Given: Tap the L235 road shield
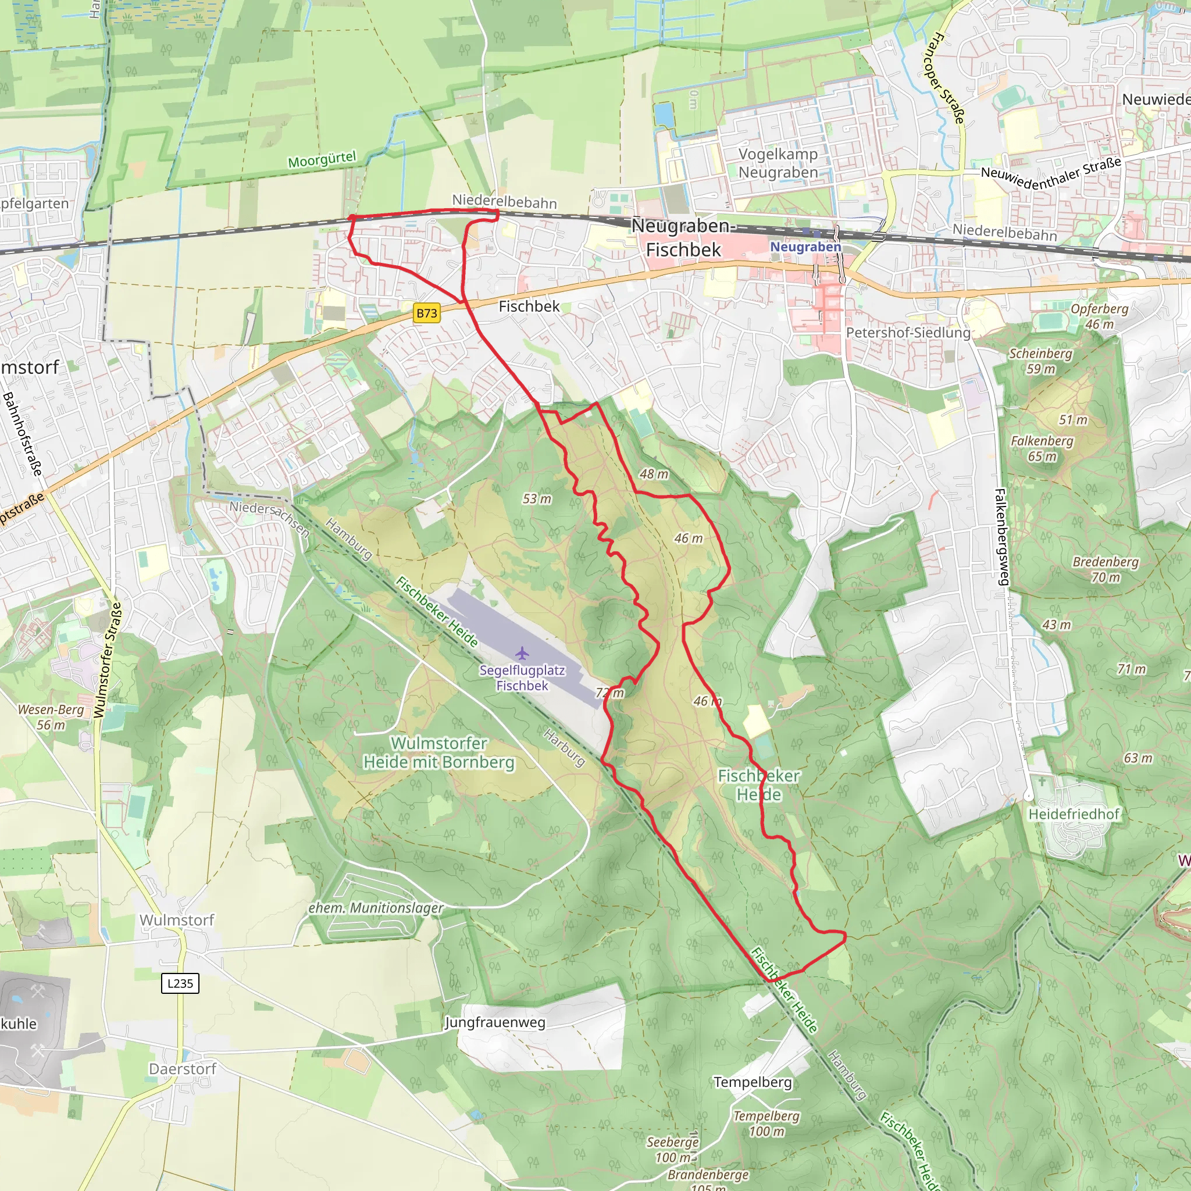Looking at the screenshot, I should tap(180, 983).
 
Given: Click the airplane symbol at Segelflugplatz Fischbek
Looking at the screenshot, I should tap(522, 653).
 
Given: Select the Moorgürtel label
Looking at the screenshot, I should tap(322, 160).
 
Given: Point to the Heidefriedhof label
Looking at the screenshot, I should tap(1074, 814).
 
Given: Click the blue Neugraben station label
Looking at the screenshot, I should tap(805, 247).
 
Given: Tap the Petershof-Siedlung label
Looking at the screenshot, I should tap(908, 333).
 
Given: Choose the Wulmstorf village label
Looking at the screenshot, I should tap(177, 921).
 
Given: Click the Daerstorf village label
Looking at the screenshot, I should tap(183, 1069).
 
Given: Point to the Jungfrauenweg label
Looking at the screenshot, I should tap(495, 1022).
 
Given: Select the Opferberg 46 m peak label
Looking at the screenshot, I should tap(1100, 316).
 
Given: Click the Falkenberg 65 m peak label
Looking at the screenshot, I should tap(1042, 448).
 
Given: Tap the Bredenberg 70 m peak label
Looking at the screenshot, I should tap(1106, 569).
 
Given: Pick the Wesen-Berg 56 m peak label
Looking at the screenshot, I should tap(51, 717).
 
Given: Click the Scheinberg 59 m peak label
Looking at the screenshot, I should tap(1040, 361).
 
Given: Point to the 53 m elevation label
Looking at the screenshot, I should tap(537, 499).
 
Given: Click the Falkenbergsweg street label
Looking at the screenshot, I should tap(1002, 536).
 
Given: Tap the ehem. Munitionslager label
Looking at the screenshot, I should tap(376, 908).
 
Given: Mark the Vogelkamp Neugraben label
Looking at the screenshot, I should tap(778, 163).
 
